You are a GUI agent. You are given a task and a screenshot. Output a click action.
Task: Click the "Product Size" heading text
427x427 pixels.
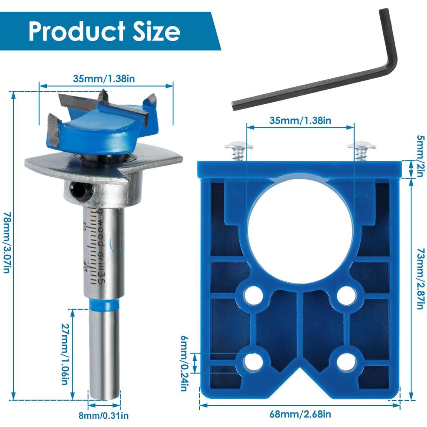pyautogui.click(x=104, y=31)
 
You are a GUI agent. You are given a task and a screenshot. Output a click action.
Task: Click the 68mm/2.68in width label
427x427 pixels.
pyautogui.click(x=300, y=414)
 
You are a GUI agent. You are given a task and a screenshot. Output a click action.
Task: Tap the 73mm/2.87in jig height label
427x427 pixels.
pyautogui.click(x=421, y=279)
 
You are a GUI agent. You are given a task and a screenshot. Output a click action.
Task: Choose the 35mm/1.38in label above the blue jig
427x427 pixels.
pyautogui.click(x=300, y=121)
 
